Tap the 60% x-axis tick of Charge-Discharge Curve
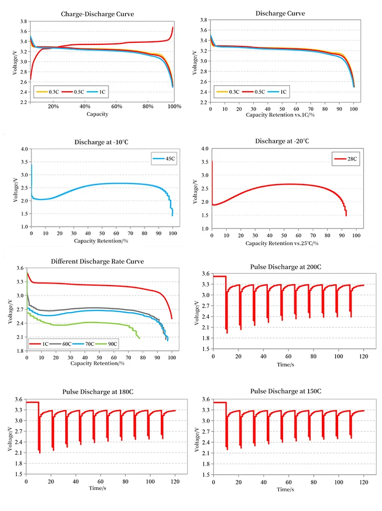(x=116, y=107)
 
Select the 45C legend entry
(x=163, y=159)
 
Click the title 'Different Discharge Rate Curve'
(x=97, y=261)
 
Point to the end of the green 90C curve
(x=139, y=337)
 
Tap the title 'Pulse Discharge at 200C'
(x=286, y=267)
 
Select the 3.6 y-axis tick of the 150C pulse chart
(x=206, y=399)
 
